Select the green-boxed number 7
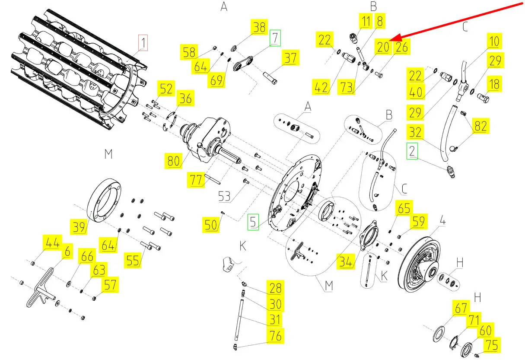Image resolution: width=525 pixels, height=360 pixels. tap(274, 38)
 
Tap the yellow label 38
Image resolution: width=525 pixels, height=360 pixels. tap(260, 28)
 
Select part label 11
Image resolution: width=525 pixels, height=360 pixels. tap(366, 21)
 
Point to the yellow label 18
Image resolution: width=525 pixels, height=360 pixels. tap(495, 84)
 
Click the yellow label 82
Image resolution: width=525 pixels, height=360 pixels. tap(480, 127)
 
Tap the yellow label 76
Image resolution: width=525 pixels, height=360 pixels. tap(275, 336)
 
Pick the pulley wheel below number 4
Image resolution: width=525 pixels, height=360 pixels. tap(419, 264)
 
